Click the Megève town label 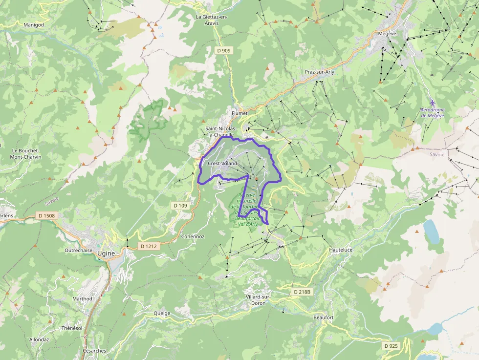tap(387, 34)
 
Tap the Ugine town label tap(106, 253)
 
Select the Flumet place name tap(240, 113)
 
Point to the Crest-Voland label tap(222, 163)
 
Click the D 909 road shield tap(224, 50)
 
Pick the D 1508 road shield tap(46, 215)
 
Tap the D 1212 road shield tap(147, 246)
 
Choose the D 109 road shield tap(179, 206)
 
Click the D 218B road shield tap(302, 292)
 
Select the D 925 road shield tap(392, 346)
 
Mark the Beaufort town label tap(323, 318)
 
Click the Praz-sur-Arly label tap(320, 72)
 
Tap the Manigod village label tap(34, 24)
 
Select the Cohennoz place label tap(193, 236)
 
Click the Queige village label tap(162, 313)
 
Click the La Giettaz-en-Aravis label tap(212, 20)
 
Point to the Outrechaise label tap(79, 250)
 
